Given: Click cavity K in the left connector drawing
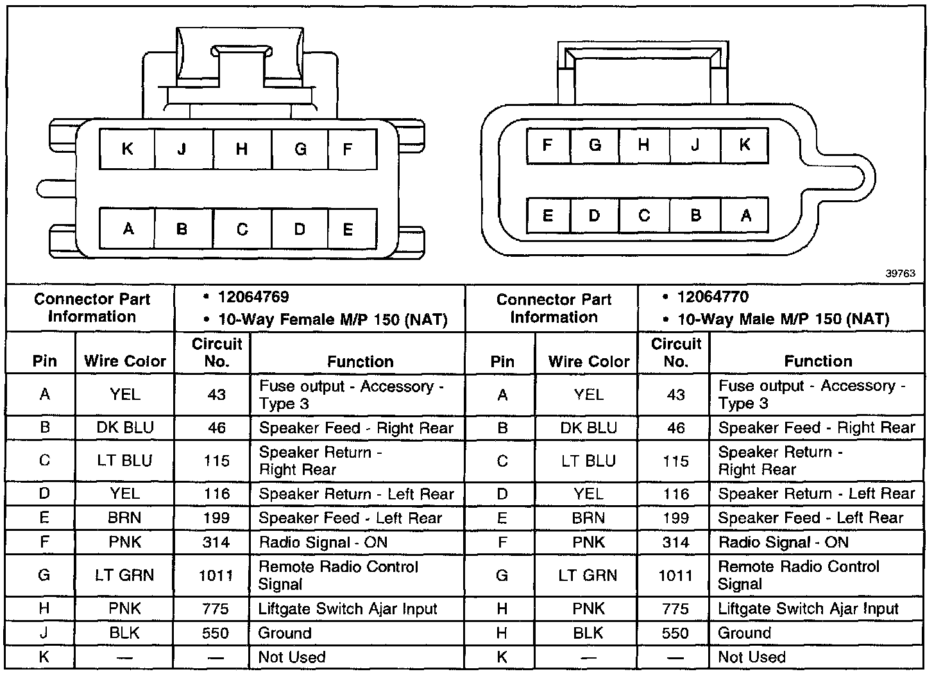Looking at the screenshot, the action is pos(127,149).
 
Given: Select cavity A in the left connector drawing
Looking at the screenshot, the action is pos(128,229).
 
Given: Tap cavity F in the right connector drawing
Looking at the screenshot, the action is pos(547,145).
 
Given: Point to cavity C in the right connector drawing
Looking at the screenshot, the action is pos(644,215).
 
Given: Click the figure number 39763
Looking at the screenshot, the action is pos(901,273).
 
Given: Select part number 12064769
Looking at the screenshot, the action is pos(253,297).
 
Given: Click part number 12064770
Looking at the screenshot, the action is pos(713,297).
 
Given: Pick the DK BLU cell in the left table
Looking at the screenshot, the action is pos(125,428).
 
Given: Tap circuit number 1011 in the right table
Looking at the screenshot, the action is pos(675,576).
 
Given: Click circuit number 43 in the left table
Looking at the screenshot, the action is pos(216,395).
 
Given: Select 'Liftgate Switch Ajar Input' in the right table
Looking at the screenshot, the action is pos(808,609).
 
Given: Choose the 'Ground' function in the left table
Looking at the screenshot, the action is pos(285,634).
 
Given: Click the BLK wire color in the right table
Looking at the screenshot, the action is pos(589,634).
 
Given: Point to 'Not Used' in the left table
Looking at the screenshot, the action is pos(292,657).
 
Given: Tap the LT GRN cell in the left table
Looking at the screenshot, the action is pos(124,575).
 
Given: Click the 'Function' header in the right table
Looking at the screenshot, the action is pos(818,361).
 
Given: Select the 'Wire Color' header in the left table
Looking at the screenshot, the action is pos(125,361).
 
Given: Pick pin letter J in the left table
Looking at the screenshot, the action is pos(44,634).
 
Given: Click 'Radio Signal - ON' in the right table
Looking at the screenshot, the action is pos(783,542).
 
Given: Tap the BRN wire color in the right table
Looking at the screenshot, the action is pos(589,518).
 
